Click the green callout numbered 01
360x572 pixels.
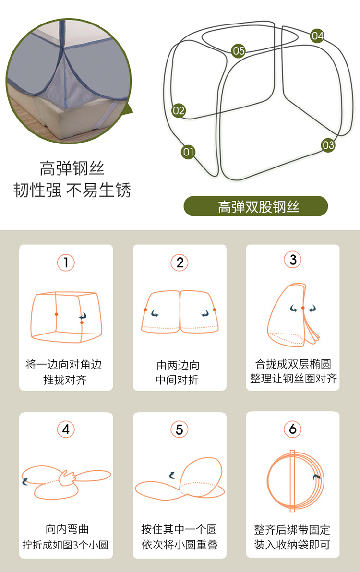click(x=188, y=152)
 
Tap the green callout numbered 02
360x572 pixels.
click(x=179, y=110)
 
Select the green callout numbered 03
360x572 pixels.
click(x=328, y=145)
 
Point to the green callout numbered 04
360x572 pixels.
click(x=317, y=36)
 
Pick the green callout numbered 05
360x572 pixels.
click(x=239, y=51)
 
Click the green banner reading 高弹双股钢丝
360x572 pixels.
click(x=256, y=206)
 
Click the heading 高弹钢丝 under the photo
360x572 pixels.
click(x=72, y=168)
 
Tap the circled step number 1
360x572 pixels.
click(x=66, y=262)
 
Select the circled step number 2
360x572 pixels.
click(x=180, y=262)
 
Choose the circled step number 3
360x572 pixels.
click(x=293, y=260)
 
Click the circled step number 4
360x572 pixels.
click(x=66, y=429)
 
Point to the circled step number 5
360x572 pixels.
click(x=180, y=429)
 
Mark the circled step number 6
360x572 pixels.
click(x=293, y=429)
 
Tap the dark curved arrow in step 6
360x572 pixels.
click(x=317, y=477)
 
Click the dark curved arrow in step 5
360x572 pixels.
click(x=172, y=475)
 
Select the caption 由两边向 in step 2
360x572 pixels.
click(x=178, y=365)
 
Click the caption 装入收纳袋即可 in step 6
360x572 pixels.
click(x=292, y=545)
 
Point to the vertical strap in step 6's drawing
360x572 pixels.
click(x=292, y=481)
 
